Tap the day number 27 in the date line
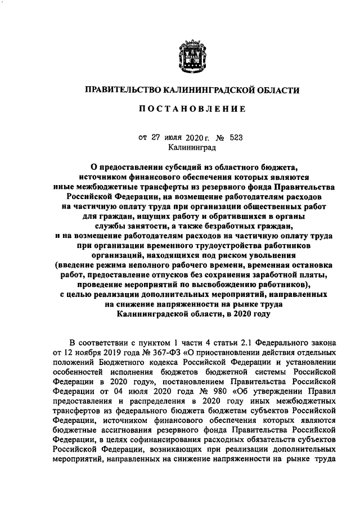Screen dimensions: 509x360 click(154, 137)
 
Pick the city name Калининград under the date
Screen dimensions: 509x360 click(191, 147)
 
